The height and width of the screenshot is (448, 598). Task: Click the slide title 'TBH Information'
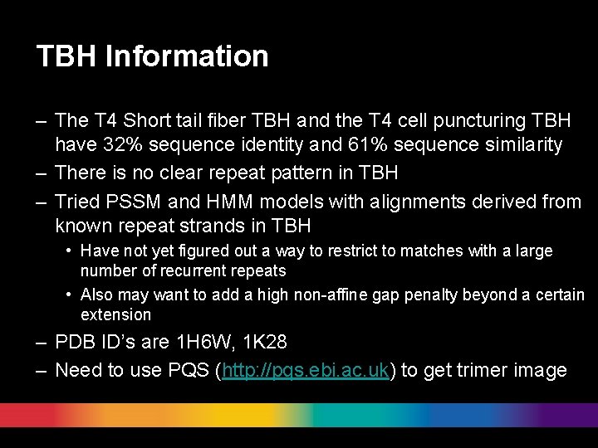(x=152, y=56)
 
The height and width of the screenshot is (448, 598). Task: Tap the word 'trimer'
(x=478, y=370)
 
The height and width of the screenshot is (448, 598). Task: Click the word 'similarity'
(x=526, y=144)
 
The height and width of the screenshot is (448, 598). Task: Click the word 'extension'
(x=115, y=314)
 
